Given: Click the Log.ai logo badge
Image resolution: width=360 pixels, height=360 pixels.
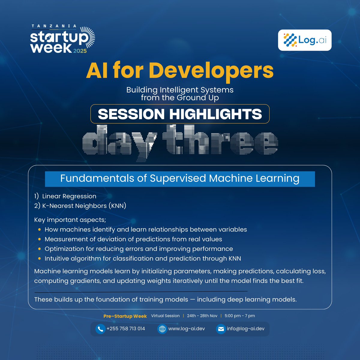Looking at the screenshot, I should click(x=304, y=40).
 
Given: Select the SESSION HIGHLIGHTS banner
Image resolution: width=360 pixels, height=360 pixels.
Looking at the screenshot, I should click(x=180, y=114).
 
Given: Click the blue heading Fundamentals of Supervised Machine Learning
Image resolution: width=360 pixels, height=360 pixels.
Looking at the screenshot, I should click(x=180, y=178).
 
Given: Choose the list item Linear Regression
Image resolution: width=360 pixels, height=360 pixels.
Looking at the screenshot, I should click(x=69, y=196).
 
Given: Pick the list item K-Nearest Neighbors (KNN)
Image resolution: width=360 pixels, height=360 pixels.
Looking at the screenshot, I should click(x=84, y=206).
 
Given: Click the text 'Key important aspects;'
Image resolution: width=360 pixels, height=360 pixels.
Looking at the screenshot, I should click(x=70, y=220).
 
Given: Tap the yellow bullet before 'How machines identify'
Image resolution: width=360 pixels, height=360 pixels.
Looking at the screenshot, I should click(x=39, y=230).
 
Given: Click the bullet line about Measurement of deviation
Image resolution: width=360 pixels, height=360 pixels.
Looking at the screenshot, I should click(x=133, y=239).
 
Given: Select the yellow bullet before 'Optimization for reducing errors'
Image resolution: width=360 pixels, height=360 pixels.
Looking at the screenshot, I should click(x=39, y=249).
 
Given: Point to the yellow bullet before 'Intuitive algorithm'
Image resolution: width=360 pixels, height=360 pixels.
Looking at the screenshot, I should click(x=39, y=259).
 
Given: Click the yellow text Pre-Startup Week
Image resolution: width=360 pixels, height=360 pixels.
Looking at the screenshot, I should click(x=125, y=316).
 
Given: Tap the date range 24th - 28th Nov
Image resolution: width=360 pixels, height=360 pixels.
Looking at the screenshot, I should click(x=202, y=316).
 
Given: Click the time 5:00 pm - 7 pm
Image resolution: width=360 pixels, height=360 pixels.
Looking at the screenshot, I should click(x=240, y=316).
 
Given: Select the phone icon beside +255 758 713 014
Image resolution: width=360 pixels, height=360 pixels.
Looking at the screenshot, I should click(x=100, y=329).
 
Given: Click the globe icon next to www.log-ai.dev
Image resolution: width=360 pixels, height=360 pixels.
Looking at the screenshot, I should click(x=162, y=329).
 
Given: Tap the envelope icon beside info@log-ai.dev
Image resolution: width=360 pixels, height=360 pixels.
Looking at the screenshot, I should click(x=221, y=329).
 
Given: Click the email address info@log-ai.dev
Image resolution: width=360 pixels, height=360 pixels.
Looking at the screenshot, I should click(x=246, y=329).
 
